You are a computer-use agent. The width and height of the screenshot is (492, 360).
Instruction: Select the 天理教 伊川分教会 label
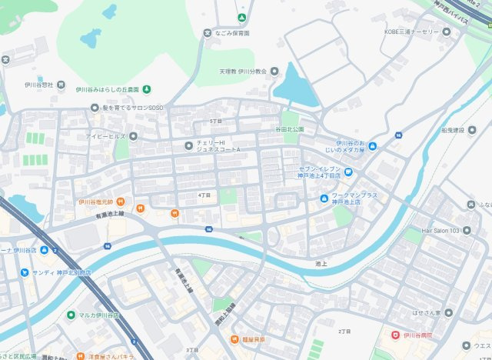[243, 71]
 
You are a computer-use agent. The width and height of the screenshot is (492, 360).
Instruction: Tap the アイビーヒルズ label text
[107, 136]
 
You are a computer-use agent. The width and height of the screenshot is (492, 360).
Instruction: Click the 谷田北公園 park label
[290, 129]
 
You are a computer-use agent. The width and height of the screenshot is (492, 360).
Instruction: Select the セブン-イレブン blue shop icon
[347, 171]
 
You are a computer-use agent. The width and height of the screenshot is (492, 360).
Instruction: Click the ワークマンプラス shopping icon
[324, 199]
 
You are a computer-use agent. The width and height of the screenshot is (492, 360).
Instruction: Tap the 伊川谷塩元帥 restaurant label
[95, 202]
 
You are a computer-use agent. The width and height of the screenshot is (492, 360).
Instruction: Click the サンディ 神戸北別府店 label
[61, 272]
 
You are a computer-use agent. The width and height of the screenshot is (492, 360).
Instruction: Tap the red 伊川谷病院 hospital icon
[396, 335]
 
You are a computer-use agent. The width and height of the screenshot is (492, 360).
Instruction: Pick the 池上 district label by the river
[321, 264]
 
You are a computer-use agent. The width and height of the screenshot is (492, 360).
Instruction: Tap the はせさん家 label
[447, 313]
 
